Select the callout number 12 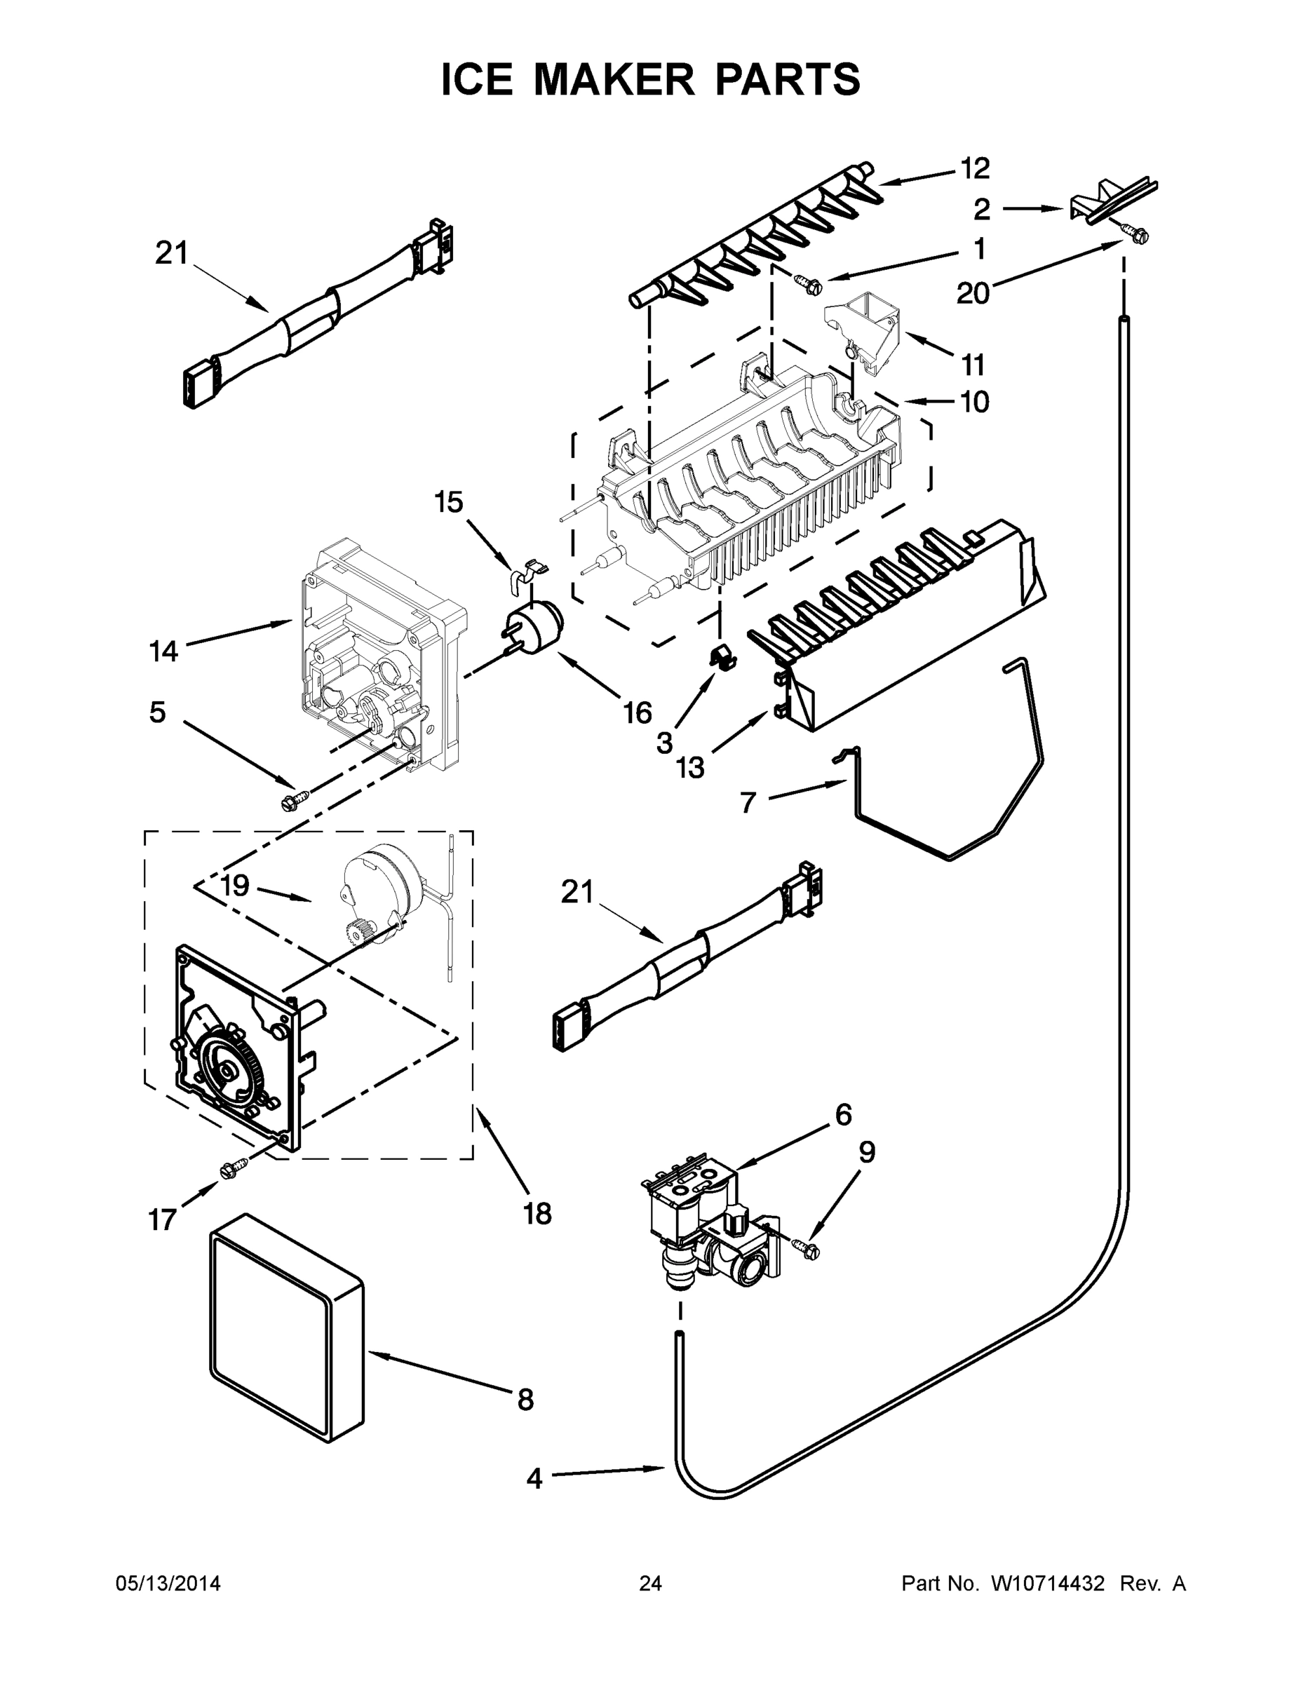click(974, 168)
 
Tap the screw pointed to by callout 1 click(811, 285)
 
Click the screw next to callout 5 click(295, 800)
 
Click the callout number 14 click(163, 652)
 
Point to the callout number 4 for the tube click(534, 1479)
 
